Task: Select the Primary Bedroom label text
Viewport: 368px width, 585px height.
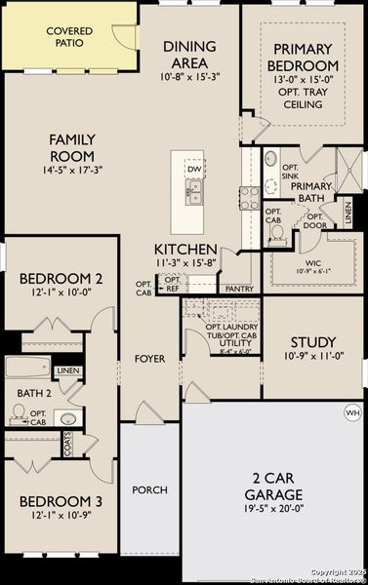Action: tap(304, 57)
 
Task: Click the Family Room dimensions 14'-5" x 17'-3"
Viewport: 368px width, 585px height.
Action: tap(72, 172)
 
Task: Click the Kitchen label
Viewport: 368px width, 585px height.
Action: tap(184, 250)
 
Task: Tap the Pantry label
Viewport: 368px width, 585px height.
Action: tap(239, 290)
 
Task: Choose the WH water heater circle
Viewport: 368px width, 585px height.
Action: tap(352, 413)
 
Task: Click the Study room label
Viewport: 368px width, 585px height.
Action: tap(313, 342)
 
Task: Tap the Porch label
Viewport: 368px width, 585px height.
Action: tap(149, 489)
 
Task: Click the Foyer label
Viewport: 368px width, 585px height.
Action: tap(149, 359)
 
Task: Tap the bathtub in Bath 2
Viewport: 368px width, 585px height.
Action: tap(25, 369)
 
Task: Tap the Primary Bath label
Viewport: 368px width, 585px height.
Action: tap(310, 192)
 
